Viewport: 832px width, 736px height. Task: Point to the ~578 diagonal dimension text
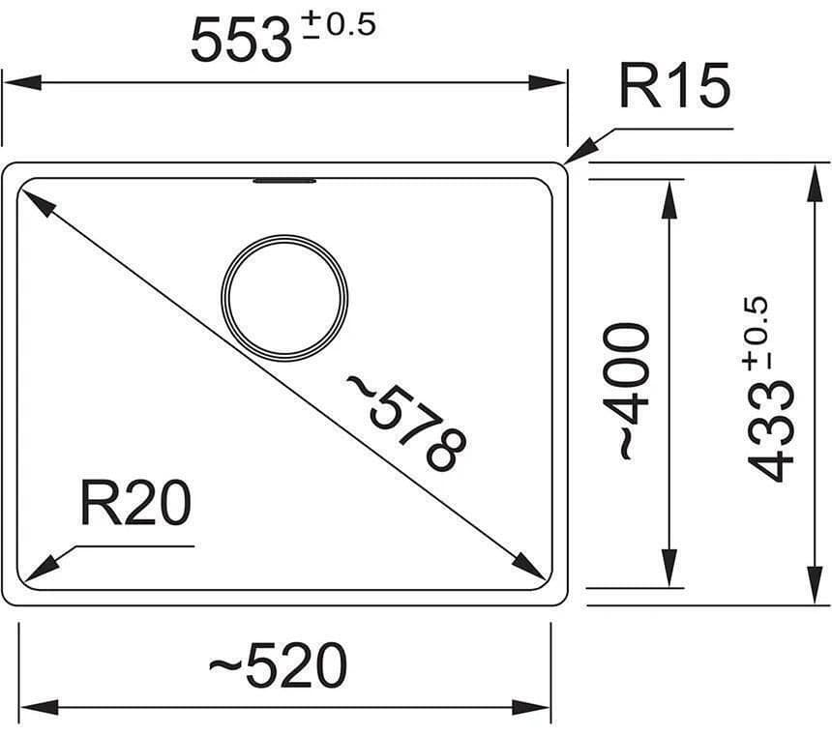[x=406, y=423]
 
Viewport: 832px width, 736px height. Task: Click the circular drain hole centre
[x=284, y=297]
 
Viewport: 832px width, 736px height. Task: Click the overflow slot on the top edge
[x=284, y=180]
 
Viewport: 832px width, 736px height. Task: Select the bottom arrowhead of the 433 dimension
[x=812, y=588]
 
